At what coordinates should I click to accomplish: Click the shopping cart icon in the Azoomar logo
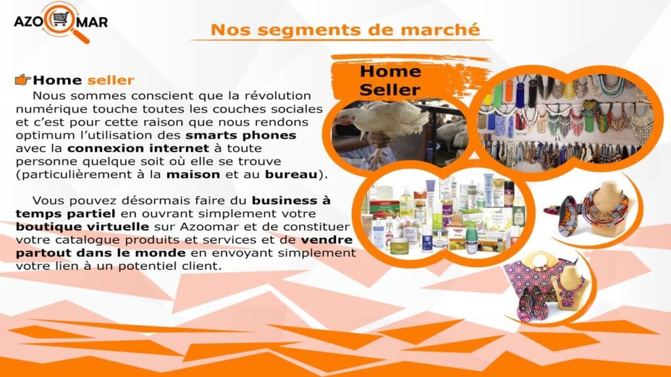click(x=60, y=19)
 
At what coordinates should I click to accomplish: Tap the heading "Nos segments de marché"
click(x=345, y=30)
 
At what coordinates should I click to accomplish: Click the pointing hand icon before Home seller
click(x=23, y=79)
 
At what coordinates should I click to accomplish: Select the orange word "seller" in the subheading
click(x=111, y=80)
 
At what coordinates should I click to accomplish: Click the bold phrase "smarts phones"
click(x=241, y=135)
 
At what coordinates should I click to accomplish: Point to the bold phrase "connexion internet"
click(x=138, y=149)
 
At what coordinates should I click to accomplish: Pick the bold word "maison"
click(x=193, y=174)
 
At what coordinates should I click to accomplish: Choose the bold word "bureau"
click(x=292, y=174)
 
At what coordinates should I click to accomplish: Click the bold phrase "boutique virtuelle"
click(x=82, y=226)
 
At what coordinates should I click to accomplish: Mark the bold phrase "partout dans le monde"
click(x=100, y=253)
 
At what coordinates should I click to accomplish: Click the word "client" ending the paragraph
click(x=204, y=266)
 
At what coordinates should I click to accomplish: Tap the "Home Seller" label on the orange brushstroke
click(x=390, y=81)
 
